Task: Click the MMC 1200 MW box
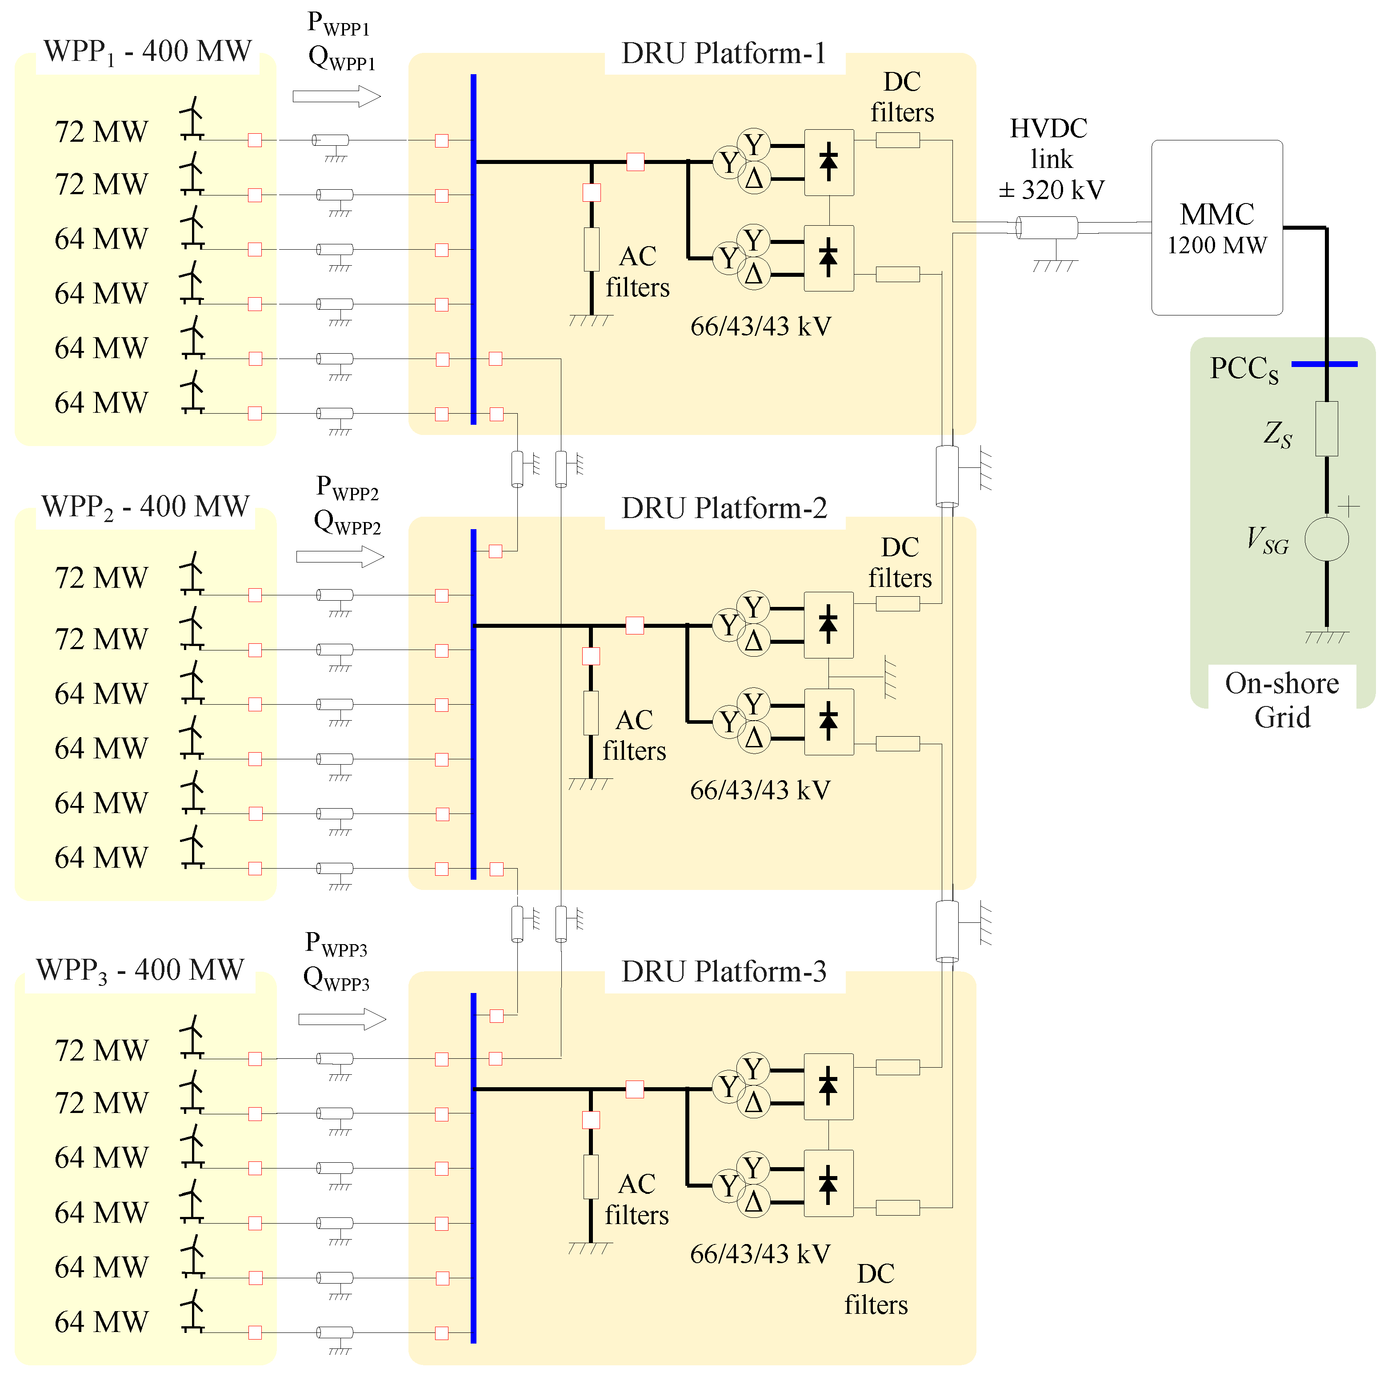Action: click(x=1216, y=227)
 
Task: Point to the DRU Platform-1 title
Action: click(x=724, y=53)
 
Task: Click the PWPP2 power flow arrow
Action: click(x=340, y=557)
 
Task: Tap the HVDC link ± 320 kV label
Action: click(x=1050, y=159)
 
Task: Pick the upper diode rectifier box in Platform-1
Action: click(x=828, y=162)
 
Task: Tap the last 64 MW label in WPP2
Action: click(x=101, y=858)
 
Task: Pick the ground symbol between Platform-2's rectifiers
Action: click(x=889, y=677)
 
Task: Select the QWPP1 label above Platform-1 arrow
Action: click(x=341, y=57)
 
